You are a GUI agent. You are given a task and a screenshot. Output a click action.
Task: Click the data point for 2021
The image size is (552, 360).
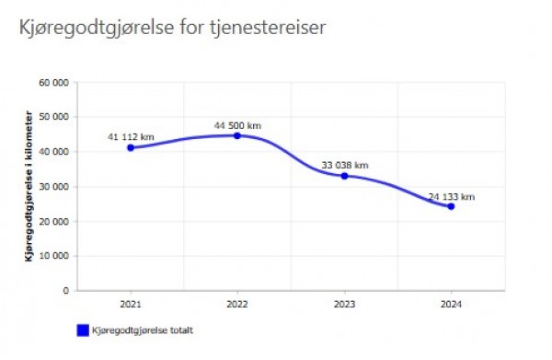click(131, 147)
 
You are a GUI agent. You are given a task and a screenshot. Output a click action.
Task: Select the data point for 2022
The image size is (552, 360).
click(237, 135)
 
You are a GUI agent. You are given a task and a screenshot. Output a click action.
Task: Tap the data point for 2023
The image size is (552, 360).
click(344, 176)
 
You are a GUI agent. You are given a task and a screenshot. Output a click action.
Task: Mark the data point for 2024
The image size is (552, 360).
click(451, 206)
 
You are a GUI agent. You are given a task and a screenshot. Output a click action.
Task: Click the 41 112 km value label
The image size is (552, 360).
click(131, 136)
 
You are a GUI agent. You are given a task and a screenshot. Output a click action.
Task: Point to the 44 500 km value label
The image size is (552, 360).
click(237, 124)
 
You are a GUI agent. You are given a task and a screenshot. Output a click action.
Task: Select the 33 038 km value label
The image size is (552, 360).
click(344, 165)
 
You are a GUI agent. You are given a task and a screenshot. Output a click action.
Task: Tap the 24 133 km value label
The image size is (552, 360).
click(451, 196)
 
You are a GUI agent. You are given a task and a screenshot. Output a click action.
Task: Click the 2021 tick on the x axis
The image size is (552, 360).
click(131, 303)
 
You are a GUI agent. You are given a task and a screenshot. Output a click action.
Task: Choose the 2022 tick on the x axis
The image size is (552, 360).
click(237, 303)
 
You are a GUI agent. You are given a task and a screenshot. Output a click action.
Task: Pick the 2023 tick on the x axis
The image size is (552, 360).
click(344, 303)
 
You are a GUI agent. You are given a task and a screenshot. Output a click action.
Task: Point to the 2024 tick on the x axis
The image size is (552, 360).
click(451, 303)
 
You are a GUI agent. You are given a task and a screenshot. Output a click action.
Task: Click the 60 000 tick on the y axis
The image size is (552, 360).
click(55, 83)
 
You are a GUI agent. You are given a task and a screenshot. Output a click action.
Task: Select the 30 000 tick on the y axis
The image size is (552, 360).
click(55, 187)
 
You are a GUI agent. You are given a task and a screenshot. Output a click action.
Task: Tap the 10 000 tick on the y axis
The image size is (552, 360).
click(55, 256)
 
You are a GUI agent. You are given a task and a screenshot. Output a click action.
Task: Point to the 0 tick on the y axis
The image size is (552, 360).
click(65, 291)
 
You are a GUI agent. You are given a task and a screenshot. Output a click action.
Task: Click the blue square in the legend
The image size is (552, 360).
click(81, 329)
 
